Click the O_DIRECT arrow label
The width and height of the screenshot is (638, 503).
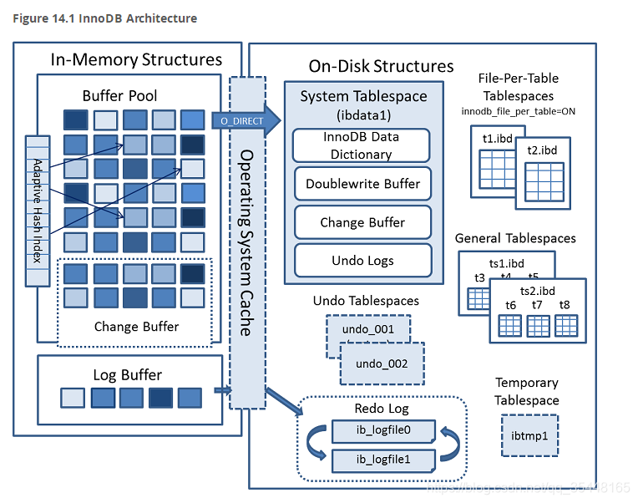tap(241, 121)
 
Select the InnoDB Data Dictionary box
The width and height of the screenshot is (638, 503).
tap(362, 145)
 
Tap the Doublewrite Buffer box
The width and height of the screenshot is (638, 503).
tap(362, 184)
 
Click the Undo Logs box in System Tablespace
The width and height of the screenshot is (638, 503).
tap(362, 260)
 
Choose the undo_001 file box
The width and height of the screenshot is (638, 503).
tap(367, 329)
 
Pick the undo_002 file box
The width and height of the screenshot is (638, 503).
tap(382, 364)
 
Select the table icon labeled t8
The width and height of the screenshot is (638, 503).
tap(565, 323)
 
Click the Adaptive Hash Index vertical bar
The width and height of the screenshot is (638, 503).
tap(36, 210)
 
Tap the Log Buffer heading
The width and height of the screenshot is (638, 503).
tap(127, 374)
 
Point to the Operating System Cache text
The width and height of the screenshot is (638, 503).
tap(246, 242)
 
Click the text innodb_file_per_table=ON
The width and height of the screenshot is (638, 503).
tap(519, 111)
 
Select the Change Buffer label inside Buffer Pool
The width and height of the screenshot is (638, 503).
tap(136, 326)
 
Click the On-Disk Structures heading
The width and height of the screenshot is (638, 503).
tap(381, 66)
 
